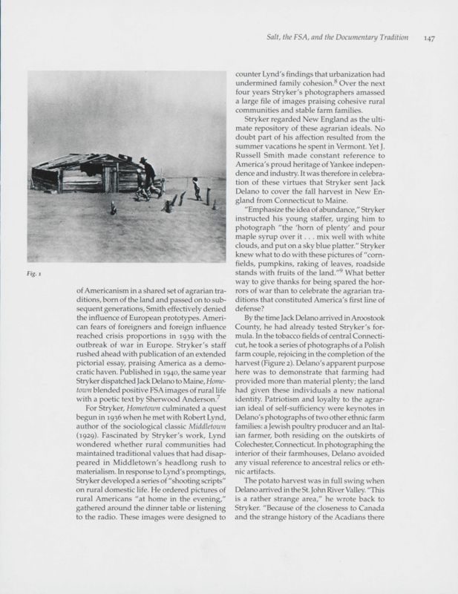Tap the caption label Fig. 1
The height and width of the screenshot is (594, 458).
tap(33, 274)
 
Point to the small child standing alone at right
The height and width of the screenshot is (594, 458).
tap(196, 189)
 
